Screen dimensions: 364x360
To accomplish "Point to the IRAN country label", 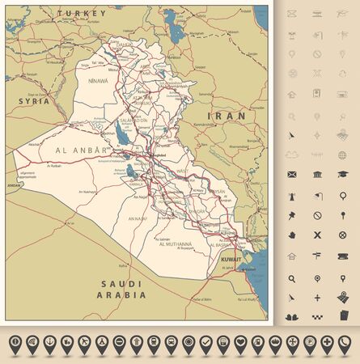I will pos(227,116).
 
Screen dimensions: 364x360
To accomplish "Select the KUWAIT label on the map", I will pos(231,259).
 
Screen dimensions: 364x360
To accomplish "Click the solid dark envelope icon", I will pos(292,174).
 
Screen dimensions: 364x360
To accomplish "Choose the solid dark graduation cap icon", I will pos(343,174).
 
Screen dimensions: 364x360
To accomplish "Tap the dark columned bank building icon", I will pos(317,174).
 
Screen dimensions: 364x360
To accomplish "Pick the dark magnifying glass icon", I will pos(292,277).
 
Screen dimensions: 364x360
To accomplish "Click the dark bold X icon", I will pos(317,235).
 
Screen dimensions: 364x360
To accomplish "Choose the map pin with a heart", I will pos(240,343).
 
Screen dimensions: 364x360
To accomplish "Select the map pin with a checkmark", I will pos(205,343).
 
